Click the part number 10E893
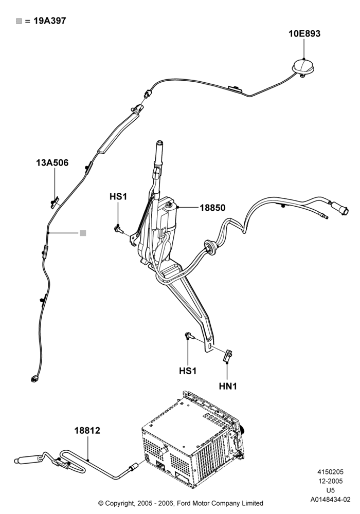tap(304, 33)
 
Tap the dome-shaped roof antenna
tap(303, 66)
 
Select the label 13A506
tap(52, 162)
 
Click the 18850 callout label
tap(213, 208)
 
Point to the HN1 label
tap(228, 386)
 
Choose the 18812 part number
tap(87, 430)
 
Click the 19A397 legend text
tap(50, 21)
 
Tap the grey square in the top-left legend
tap(19, 21)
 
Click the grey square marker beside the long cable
tap(83, 233)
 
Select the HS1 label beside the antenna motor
tap(118, 197)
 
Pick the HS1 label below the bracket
tap(188, 371)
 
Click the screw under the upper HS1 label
tap(118, 229)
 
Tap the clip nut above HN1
tap(228, 356)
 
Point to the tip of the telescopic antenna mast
tap(159, 142)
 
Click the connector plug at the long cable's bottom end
tap(34, 379)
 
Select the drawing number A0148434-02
tap(331, 500)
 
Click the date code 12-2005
tap(331, 481)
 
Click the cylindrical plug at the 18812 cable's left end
tap(28, 459)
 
